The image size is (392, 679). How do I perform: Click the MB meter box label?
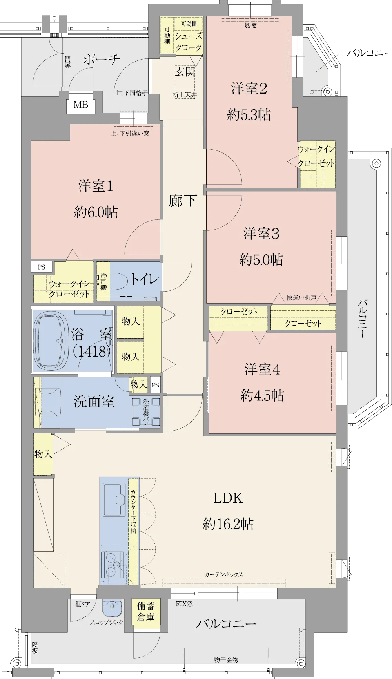coord(81,105)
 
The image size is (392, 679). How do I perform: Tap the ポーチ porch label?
coord(102,60)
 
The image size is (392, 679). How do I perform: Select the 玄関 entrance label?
coord(185,72)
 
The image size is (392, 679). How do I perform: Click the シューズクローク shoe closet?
coord(189,42)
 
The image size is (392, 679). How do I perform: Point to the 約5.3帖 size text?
coord(249,115)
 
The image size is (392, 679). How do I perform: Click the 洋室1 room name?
coord(96,186)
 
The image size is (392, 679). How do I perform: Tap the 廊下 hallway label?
coord(183,201)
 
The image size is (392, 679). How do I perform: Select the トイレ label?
coord(145,279)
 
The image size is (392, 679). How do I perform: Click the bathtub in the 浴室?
coord(51,341)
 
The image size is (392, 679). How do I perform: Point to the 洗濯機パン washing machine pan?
coord(146,412)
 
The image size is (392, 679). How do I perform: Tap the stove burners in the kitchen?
coord(112,565)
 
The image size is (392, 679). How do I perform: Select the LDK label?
coord(228,498)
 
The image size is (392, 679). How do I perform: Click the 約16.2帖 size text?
coord(228,524)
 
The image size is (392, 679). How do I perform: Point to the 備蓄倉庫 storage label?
coord(145,612)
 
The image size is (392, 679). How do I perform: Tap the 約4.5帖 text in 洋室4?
coord(262,395)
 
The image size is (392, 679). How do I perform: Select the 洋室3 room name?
coord(261,234)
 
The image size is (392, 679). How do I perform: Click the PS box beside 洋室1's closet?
coord(42,267)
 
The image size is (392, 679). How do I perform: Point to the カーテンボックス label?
coord(224,574)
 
